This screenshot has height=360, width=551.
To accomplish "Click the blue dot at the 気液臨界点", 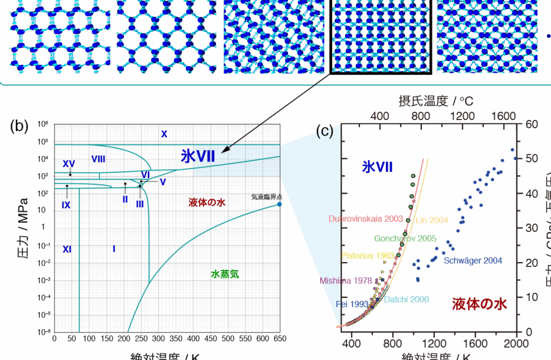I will [x=279, y=204].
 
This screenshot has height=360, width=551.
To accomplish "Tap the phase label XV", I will [x=69, y=164].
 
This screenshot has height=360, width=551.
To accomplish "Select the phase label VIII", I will [x=98, y=158].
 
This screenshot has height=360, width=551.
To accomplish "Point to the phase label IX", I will [x=66, y=205].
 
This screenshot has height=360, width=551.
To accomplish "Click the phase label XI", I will [x=67, y=249].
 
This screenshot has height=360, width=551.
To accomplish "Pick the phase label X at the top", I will [x=165, y=134].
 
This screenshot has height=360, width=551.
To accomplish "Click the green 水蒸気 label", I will [x=225, y=274].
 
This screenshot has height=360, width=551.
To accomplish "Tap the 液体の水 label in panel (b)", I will [x=207, y=202].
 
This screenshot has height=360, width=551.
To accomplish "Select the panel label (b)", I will [x=19, y=126].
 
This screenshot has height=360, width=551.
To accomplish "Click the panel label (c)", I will [x=324, y=130].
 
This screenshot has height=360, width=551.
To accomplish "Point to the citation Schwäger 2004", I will [x=473, y=261].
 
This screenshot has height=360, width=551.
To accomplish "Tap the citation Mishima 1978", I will [x=345, y=280].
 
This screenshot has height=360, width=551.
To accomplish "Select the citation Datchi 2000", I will [x=407, y=299].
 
